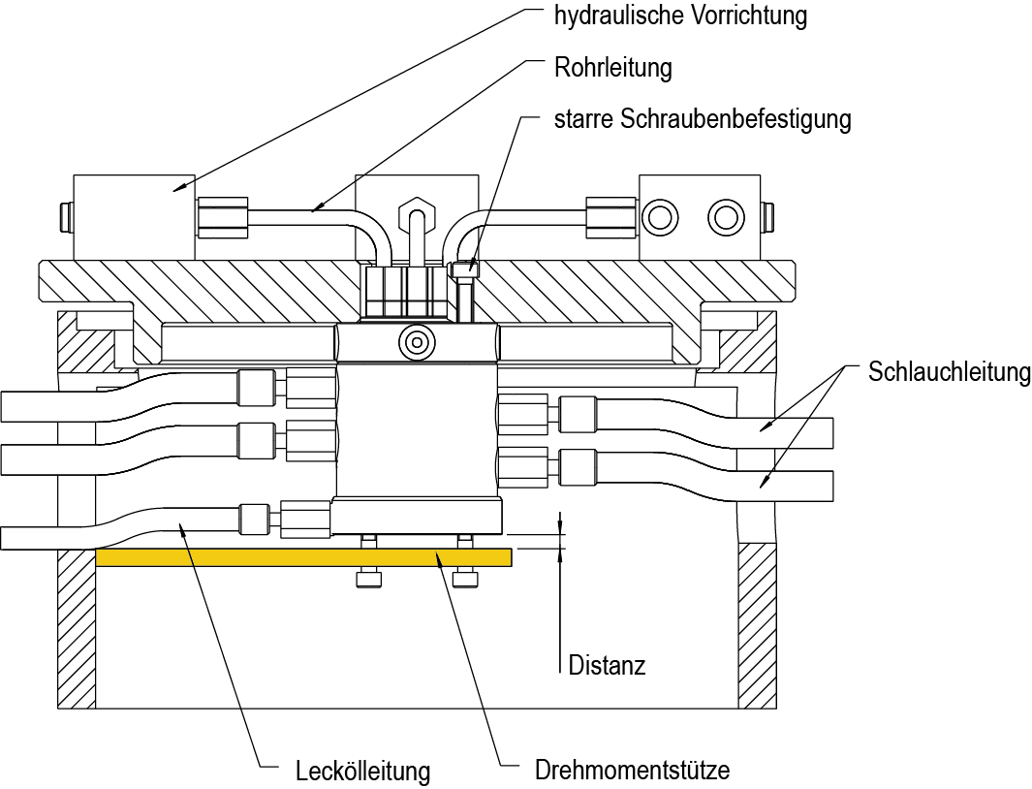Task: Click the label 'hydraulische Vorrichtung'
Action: tap(680, 16)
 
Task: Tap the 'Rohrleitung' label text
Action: tap(612, 68)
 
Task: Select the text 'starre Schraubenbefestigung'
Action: tap(703, 119)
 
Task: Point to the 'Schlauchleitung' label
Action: tap(949, 372)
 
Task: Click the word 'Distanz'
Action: tap(607, 665)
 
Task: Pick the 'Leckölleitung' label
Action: tap(362, 772)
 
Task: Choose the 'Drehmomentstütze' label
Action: tap(632, 771)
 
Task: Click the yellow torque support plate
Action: tap(303, 557)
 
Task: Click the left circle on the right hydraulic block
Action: tap(661, 217)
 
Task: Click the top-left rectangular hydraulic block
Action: tap(134, 216)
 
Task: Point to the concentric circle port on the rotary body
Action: tap(417, 341)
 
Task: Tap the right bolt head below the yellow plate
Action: tap(466, 580)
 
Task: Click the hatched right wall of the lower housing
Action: tap(757, 624)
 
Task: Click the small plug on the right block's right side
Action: tap(769, 217)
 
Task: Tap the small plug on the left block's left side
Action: tap(66, 217)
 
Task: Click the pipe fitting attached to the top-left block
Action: tap(224, 216)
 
